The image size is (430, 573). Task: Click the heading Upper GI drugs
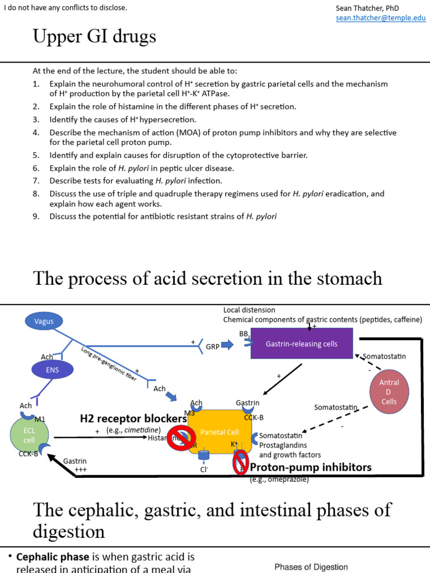click(x=95, y=37)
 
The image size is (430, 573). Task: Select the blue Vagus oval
click(x=44, y=321)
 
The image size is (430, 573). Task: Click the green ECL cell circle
click(x=30, y=435)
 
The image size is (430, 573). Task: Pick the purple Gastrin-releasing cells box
click(x=302, y=344)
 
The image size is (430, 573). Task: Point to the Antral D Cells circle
click(x=389, y=392)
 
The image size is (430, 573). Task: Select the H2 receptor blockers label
click(x=133, y=419)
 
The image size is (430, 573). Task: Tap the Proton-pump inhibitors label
click(x=310, y=467)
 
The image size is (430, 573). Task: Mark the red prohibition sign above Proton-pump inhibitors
click(x=241, y=462)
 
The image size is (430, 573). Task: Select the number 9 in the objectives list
click(x=35, y=217)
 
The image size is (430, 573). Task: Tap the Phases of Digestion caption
click(x=311, y=567)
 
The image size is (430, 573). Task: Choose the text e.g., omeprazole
click(x=279, y=480)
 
